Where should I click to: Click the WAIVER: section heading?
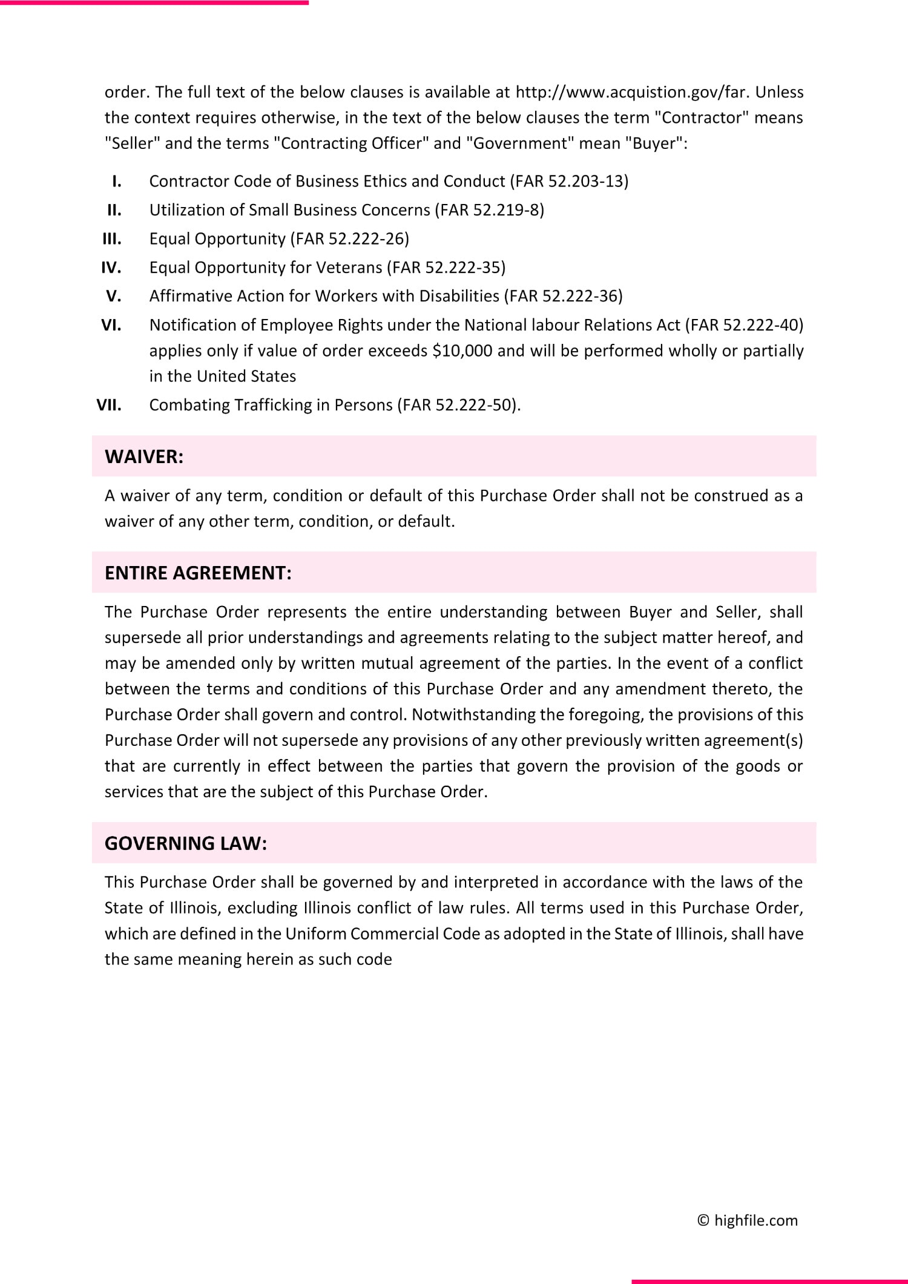pos(144,456)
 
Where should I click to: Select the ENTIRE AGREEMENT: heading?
pos(198,573)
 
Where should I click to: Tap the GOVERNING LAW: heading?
pos(185,843)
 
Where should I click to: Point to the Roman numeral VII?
pos(109,404)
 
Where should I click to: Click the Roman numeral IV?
pos(111,267)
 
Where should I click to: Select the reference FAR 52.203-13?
pos(569,181)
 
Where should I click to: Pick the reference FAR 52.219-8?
pos(489,209)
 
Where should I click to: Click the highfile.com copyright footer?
pos(748,1220)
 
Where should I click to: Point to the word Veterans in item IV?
pos(349,267)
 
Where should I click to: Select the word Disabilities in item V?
pos(459,295)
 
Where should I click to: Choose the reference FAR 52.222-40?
pos(745,324)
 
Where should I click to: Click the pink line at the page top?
pos(154,2)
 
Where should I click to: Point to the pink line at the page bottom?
pos(769,1281)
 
